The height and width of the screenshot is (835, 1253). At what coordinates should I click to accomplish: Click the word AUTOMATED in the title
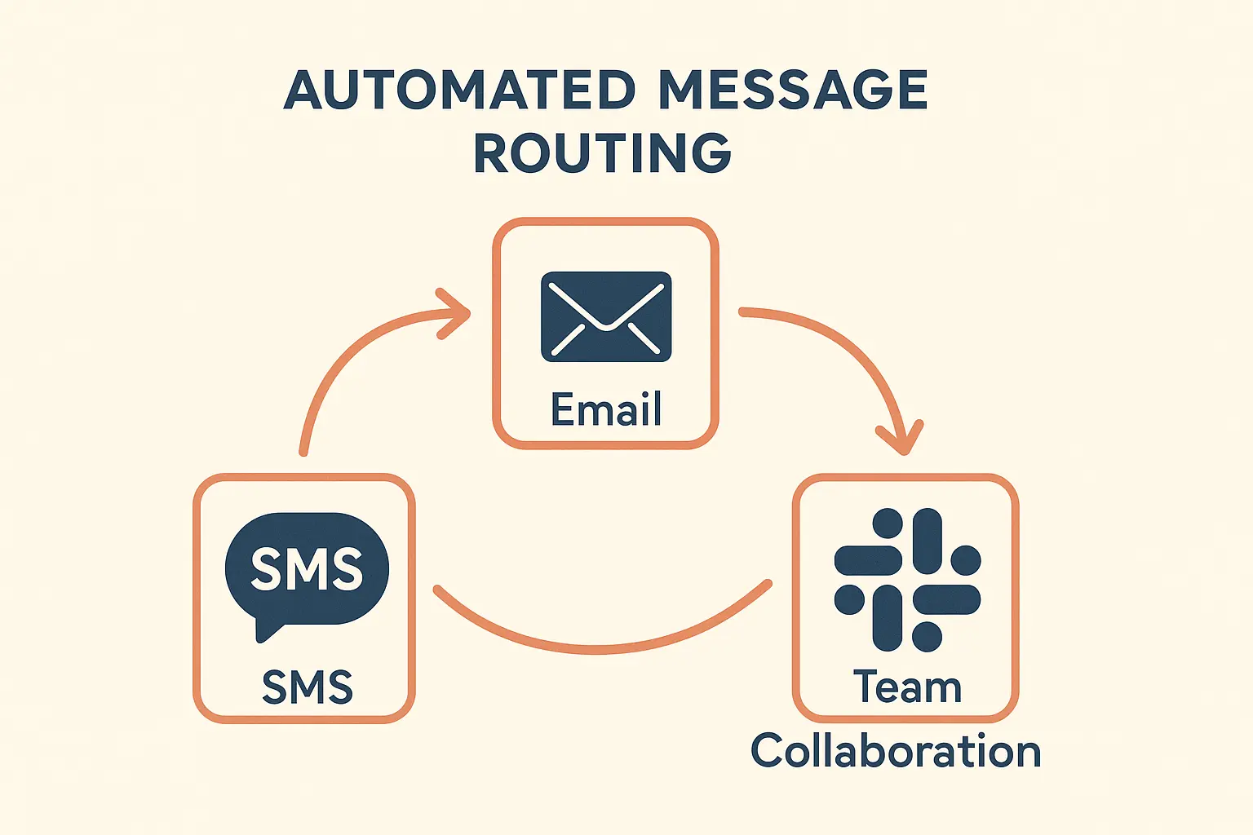click(x=459, y=90)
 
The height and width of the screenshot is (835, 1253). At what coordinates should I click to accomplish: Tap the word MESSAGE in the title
click(x=793, y=90)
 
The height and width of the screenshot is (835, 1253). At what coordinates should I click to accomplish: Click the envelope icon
click(x=606, y=317)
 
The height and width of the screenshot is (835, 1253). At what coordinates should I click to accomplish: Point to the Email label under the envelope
click(x=606, y=409)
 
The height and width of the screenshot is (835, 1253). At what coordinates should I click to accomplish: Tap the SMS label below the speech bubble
click(x=307, y=687)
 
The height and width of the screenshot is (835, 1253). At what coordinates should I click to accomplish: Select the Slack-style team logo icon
click(x=907, y=580)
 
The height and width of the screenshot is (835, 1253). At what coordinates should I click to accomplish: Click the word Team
click(x=907, y=687)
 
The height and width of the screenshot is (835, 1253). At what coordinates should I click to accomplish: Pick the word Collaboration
click(x=896, y=751)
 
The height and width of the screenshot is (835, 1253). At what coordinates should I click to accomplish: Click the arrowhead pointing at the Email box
click(x=455, y=313)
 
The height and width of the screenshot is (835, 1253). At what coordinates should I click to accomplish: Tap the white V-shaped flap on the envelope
click(x=606, y=314)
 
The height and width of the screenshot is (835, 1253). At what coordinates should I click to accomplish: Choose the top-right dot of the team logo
click(x=966, y=560)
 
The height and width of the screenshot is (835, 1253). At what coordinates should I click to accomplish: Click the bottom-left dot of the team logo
click(x=849, y=599)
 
